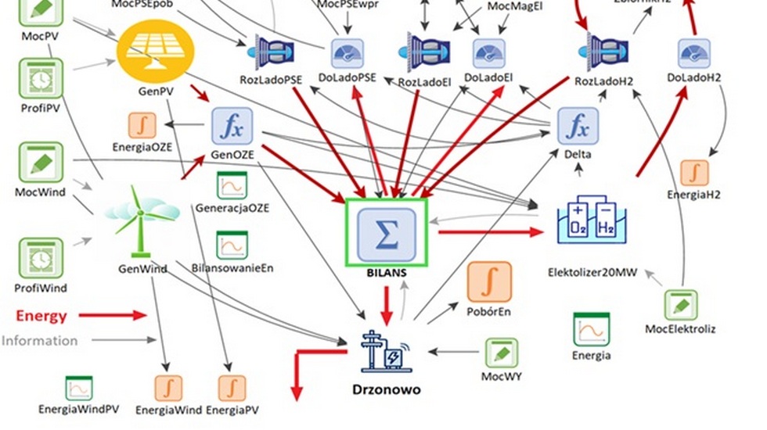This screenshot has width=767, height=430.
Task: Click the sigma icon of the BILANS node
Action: click(x=387, y=231)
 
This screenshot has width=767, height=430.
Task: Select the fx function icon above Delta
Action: click(x=577, y=127)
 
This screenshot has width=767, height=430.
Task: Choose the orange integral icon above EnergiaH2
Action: click(x=693, y=174)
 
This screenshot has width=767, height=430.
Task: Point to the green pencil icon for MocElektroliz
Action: click(x=681, y=304)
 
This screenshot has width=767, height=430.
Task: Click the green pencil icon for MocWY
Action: click(x=501, y=353)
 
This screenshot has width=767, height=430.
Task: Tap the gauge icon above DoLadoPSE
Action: click(x=347, y=53)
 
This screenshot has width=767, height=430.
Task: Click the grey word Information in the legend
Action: click(x=39, y=341)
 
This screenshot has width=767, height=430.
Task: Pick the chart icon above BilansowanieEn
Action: click(x=232, y=245)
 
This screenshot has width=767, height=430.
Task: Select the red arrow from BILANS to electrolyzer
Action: click(x=490, y=232)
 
